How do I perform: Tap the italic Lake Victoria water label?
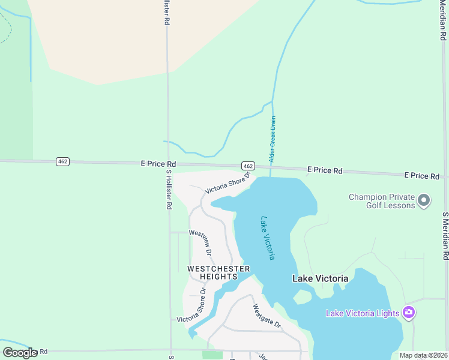point(268,238)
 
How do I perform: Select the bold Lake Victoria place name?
point(320,278)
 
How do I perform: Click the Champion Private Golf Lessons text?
point(382,201)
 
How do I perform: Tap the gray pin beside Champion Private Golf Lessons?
point(424,200)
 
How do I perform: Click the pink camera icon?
point(409,312)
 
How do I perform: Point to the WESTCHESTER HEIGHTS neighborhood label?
point(218,272)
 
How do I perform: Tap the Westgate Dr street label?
point(267,316)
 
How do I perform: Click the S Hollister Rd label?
point(169,189)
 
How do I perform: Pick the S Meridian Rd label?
point(445,235)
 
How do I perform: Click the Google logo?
point(20,353)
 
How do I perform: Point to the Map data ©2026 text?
point(423,355)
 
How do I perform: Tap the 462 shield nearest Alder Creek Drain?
point(249,166)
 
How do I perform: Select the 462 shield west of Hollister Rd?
point(62,161)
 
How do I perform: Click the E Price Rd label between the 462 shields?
point(158,163)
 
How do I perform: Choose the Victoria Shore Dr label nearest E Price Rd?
point(227,183)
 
